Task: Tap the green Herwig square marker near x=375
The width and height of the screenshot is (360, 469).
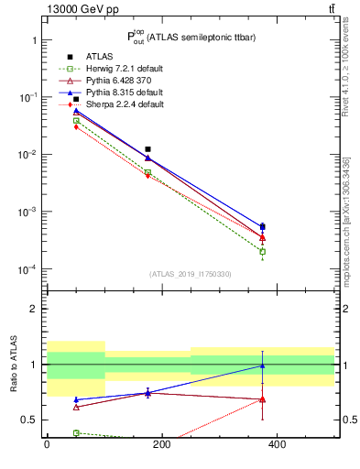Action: tap(262, 251)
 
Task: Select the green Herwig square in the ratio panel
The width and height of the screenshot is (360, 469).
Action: tap(76, 432)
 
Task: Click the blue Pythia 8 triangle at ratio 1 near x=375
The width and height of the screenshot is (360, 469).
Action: tap(262, 365)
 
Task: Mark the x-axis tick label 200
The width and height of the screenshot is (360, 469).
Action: tap(162, 445)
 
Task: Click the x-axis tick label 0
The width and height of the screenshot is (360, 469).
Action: tap(47, 445)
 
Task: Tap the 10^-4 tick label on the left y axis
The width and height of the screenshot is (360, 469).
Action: tap(27, 269)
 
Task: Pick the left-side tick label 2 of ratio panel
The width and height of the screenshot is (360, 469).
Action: tap(33, 310)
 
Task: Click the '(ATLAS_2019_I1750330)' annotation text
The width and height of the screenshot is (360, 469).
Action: tap(190, 274)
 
